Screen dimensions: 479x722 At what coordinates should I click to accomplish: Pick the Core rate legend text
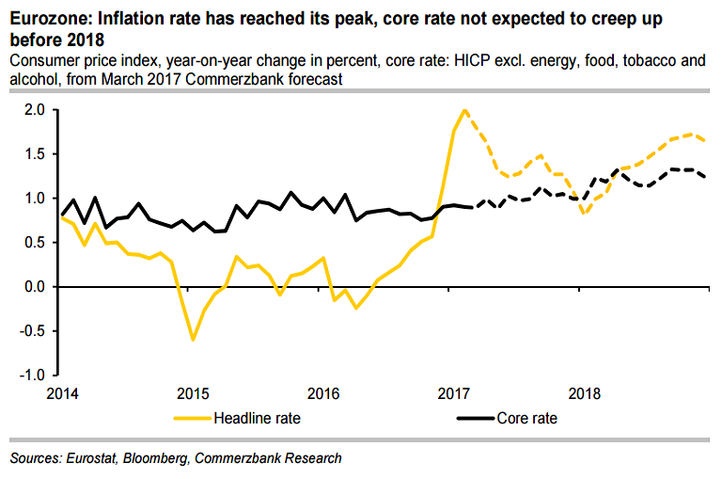click(527, 418)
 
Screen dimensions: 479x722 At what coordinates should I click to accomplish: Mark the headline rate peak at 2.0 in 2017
click(464, 110)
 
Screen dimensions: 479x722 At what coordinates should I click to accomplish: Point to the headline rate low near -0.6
click(193, 339)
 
